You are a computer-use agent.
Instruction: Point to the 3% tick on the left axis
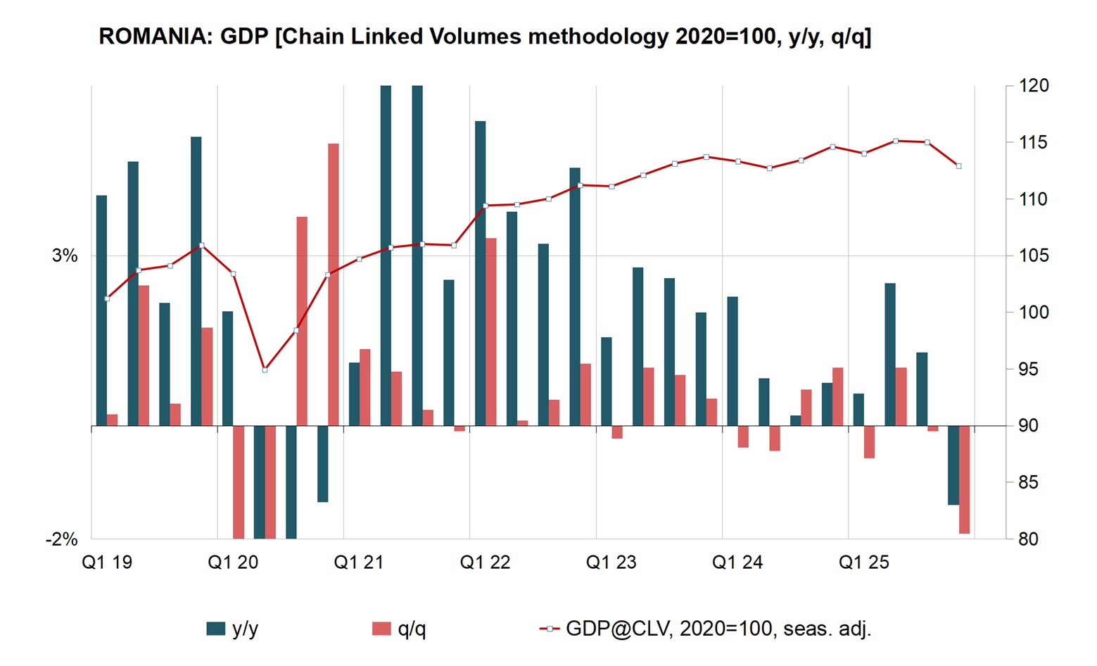click(x=65, y=256)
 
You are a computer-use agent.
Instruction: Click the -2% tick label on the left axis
click(x=61, y=539)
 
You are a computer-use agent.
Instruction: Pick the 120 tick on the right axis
click(x=1033, y=86)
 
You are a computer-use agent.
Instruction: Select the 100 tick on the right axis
click(x=1033, y=313)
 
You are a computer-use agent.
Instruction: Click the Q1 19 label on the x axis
click(x=107, y=563)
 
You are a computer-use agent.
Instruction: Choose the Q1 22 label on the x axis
click(x=485, y=563)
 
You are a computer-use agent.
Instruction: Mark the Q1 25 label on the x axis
click(x=863, y=563)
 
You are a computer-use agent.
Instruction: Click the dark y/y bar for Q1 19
click(x=101, y=310)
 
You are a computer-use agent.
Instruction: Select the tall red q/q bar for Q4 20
click(x=334, y=284)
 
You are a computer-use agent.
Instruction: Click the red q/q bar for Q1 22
click(x=490, y=332)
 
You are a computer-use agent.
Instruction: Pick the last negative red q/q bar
click(x=964, y=479)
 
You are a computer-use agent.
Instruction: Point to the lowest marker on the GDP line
click(x=265, y=370)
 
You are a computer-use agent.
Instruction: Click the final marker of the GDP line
click(x=958, y=166)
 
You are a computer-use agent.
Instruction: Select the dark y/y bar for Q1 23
click(x=607, y=382)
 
